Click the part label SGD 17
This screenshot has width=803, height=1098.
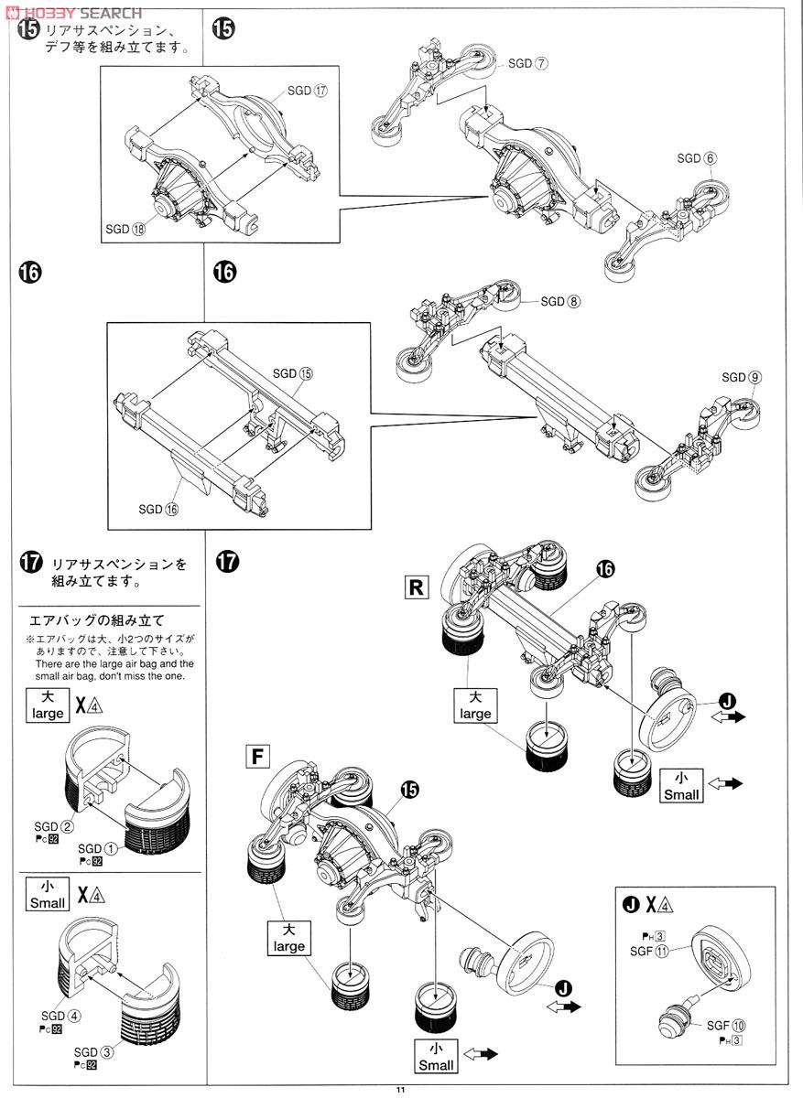pyautogui.click(x=307, y=91)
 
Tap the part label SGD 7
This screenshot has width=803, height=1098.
pyautogui.click(x=527, y=63)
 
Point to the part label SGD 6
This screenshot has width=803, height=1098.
pyautogui.click(x=697, y=157)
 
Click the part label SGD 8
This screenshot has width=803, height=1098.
pyautogui.click(x=560, y=301)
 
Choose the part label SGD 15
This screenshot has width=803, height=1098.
pyautogui.click(x=292, y=373)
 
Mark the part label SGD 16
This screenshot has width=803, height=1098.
pyautogui.click(x=158, y=510)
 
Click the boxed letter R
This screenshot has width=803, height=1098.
pyautogui.click(x=416, y=587)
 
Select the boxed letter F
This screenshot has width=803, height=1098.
pyautogui.click(x=260, y=756)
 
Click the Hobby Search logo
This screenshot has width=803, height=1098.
pyautogui.click(x=73, y=12)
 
